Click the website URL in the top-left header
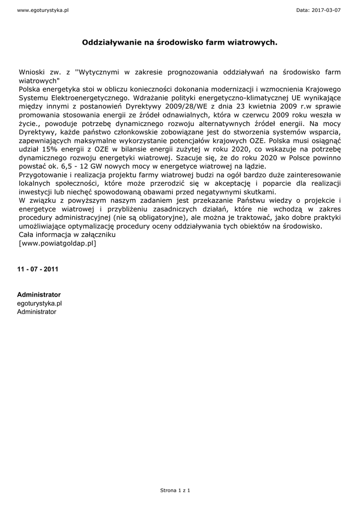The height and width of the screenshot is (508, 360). pos(42,10)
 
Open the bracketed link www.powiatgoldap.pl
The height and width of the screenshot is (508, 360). pos(57,243)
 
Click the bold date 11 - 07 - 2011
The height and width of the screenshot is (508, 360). pos(38,269)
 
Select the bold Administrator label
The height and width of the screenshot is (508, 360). pos(39,295)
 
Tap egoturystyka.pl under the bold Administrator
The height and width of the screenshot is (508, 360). pos(40,303)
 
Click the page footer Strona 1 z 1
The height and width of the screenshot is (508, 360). pos(175,490)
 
